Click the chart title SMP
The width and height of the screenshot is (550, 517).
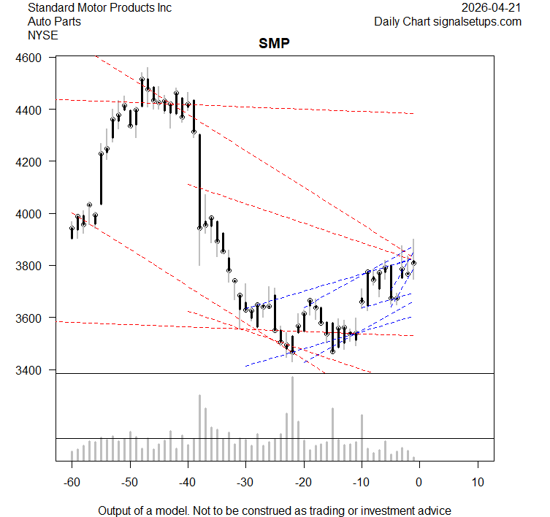pyautogui.click(x=274, y=43)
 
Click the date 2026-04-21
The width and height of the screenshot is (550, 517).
pyautogui.click(x=492, y=7)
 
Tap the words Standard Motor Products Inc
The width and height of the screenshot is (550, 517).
pyautogui.click(x=99, y=7)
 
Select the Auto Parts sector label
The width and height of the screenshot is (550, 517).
pyautogui.click(x=54, y=21)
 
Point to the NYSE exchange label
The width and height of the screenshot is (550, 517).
pyautogui.click(x=42, y=35)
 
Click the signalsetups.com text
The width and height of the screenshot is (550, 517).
pyautogui.click(x=479, y=21)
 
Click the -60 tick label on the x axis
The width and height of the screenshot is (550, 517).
pyautogui.click(x=71, y=483)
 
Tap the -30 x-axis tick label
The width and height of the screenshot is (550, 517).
pyautogui.click(x=245, y=483)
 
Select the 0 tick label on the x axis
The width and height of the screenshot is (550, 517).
pyautogui.click(x=419, y=483)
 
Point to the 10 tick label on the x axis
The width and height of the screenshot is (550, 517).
pyautogui.click(x=477, y=483)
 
